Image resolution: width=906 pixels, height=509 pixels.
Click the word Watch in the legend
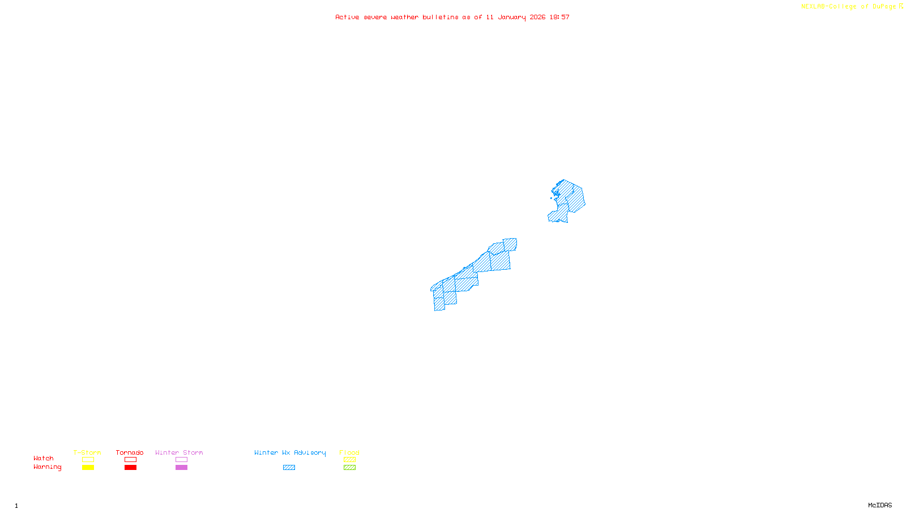point(44,458)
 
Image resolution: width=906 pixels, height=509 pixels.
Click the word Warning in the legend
point(47,467)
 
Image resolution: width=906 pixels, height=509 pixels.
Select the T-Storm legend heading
point(87,452)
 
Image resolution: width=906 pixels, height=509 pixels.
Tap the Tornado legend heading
point(130,452)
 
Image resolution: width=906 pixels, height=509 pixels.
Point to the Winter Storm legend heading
point(179,452)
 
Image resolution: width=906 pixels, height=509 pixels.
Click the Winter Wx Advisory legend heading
point(290,452)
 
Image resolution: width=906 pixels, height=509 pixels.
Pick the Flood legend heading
point(349,452)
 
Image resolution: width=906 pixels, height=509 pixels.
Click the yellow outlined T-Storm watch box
point(88,460)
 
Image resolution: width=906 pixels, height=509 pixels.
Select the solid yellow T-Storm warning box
point(88,468)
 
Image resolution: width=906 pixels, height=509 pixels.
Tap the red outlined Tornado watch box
point(130,460)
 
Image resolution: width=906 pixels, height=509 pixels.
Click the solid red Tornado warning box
point(130,468)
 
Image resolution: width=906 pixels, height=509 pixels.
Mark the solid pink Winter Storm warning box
point(181,468)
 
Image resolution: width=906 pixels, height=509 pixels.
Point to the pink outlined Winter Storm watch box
point(181,460)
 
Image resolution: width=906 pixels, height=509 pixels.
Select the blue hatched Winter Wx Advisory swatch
point(289,468)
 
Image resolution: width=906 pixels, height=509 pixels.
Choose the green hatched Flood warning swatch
point(349,468)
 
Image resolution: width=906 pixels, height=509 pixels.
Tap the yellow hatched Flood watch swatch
point(349,460)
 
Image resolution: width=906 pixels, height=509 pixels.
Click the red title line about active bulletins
point(452,17)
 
